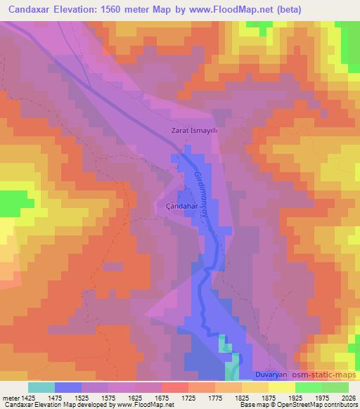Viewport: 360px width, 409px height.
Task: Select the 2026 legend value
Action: pyautogui.click(x=347, y=397)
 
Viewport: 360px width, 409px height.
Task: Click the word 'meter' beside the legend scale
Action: pyautogui.click(x=11, y=397)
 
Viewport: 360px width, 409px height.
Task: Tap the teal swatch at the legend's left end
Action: pyautogui.click(x=41, y=387)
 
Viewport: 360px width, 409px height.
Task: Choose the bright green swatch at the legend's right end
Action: pyautogui.click(x=335, y=387)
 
